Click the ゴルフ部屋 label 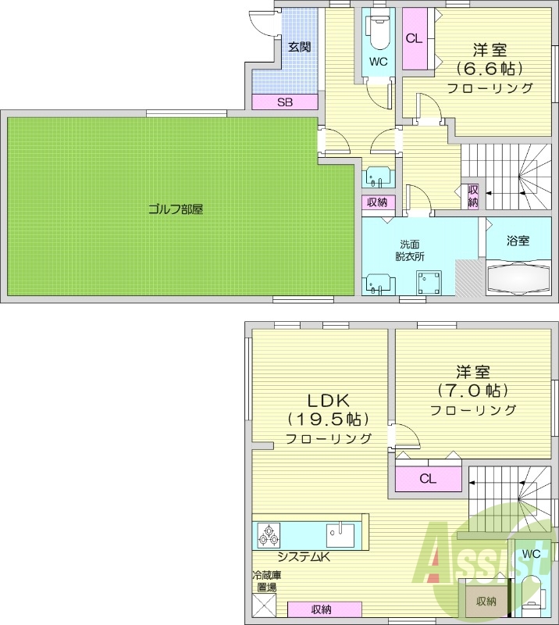[176, 209]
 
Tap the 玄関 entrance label [299, 47]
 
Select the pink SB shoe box [284, 102]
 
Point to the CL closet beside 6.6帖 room [414, 38]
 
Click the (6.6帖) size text [490, 67]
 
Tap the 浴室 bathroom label [518, 241]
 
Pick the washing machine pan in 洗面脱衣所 [429, 281]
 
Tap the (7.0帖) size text [474, 389]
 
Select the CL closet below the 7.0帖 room [427, 479]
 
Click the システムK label [304, 557]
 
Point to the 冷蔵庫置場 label [265, 580]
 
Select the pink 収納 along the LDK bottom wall [325, 609]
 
